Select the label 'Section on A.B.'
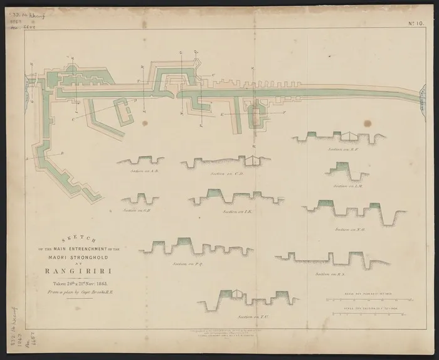[x=143, y=170]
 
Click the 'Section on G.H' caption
[x=136, y=210]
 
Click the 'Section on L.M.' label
[x=347, y=186]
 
